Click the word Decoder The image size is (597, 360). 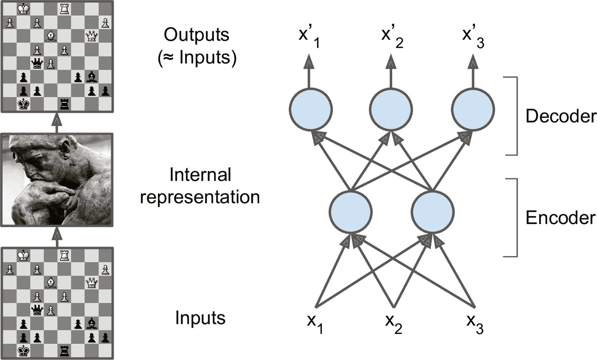click(x=561, y=116)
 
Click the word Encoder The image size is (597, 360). click(x=561, y=218)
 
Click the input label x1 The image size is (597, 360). click(x=315, y=323)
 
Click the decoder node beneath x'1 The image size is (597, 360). click(x=311, y=110)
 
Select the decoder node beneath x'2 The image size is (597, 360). click(x=391, y=110)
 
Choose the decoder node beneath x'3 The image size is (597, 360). click(x=473, y=110)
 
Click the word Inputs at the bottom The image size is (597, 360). click(x=200, y=318)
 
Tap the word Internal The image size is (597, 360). click(x=200, y=175)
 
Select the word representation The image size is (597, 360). click(x=200, y=197)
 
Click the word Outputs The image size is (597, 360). click(x=197, y=35)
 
